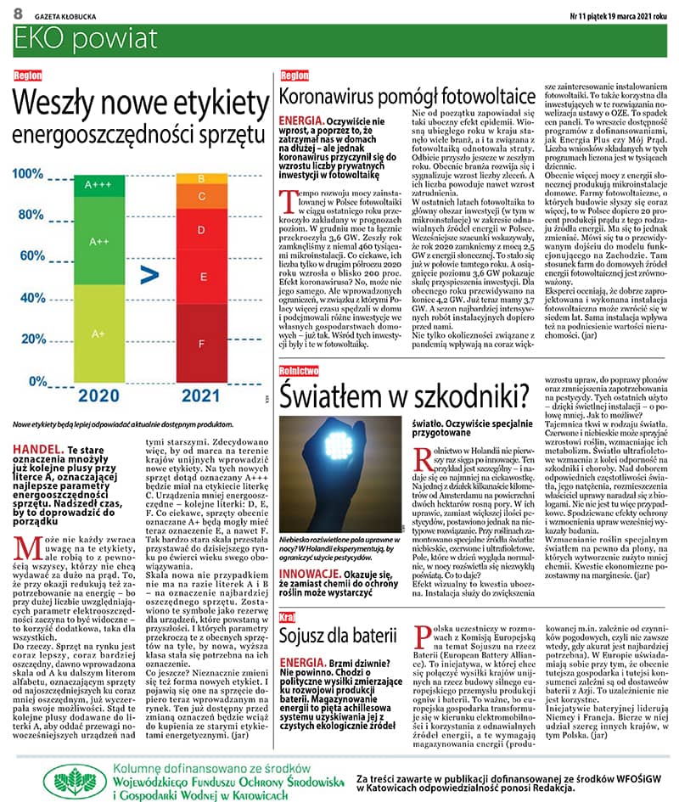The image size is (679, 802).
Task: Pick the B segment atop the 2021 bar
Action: coord(201,178)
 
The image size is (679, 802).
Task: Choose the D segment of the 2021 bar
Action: coord(201,229)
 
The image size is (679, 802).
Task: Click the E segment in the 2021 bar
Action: coord(201,277)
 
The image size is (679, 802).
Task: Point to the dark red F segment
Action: coord(201,344)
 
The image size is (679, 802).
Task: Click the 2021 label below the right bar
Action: coord(202,395)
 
